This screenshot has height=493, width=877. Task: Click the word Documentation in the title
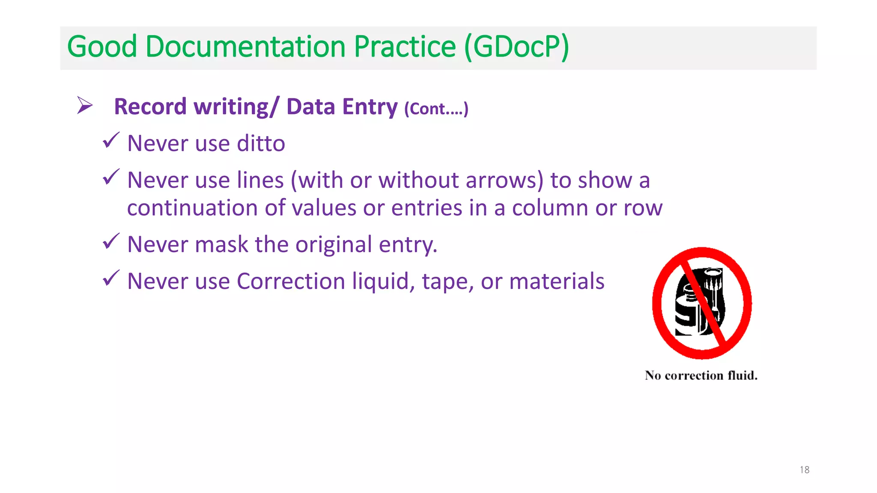(245, 47)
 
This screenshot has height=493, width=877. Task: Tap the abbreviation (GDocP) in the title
(517, 47)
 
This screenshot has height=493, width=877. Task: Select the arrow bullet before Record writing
(85, 105)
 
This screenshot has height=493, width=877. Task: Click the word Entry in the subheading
(370, 107)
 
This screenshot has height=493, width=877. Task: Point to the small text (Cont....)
(436, 109)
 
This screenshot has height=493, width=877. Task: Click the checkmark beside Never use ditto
(111, 140)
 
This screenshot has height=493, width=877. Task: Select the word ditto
(261, 143)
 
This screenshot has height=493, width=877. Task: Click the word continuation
(192, 208)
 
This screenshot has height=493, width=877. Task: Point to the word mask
(221, 244)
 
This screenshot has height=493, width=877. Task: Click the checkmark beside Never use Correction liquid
(111, 278)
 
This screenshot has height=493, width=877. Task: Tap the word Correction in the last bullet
(291, 281)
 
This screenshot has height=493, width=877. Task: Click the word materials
(557, 281)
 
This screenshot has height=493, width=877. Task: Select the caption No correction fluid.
(701, 375)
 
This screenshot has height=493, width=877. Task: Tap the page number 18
(804, 470)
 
